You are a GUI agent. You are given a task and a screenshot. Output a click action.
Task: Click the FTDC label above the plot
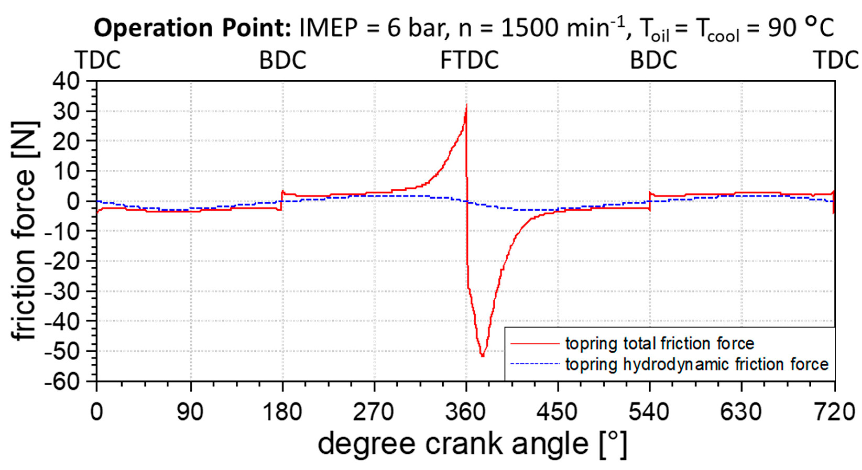[469, 60]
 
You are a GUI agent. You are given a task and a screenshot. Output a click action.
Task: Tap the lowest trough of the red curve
[482, 356]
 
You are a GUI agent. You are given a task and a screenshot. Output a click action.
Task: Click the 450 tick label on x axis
[557, 412]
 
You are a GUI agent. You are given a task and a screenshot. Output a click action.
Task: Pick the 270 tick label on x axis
[374, 412]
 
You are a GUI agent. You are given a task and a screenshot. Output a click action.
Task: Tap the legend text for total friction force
[660, 343]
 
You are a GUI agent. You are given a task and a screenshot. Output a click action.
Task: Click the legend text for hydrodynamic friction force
[697, 364]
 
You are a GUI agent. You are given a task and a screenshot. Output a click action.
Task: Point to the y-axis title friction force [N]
[24, 231]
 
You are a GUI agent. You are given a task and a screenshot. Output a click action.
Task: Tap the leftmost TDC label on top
[99, 60]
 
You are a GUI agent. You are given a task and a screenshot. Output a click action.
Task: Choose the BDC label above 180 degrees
[283, 60]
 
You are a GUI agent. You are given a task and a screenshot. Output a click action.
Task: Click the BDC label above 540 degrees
[654, 60]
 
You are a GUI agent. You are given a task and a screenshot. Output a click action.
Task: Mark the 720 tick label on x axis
[834, 412]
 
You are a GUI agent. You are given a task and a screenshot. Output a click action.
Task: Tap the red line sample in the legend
[535, 343]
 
